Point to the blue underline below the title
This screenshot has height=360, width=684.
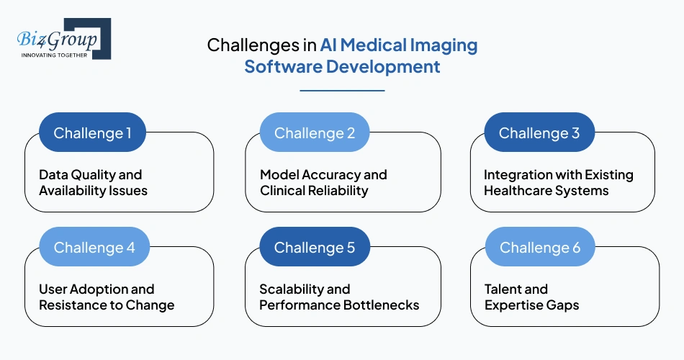342,91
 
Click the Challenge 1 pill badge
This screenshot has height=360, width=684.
92,132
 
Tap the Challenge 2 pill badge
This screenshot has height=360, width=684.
314,132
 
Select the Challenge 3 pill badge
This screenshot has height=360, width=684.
539,132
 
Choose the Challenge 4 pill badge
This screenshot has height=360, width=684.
94,247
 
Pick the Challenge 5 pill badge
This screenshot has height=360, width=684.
314,247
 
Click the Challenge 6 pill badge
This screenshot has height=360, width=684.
539,247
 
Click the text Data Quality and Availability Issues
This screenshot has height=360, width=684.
93,183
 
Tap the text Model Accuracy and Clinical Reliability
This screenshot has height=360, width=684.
323,183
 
